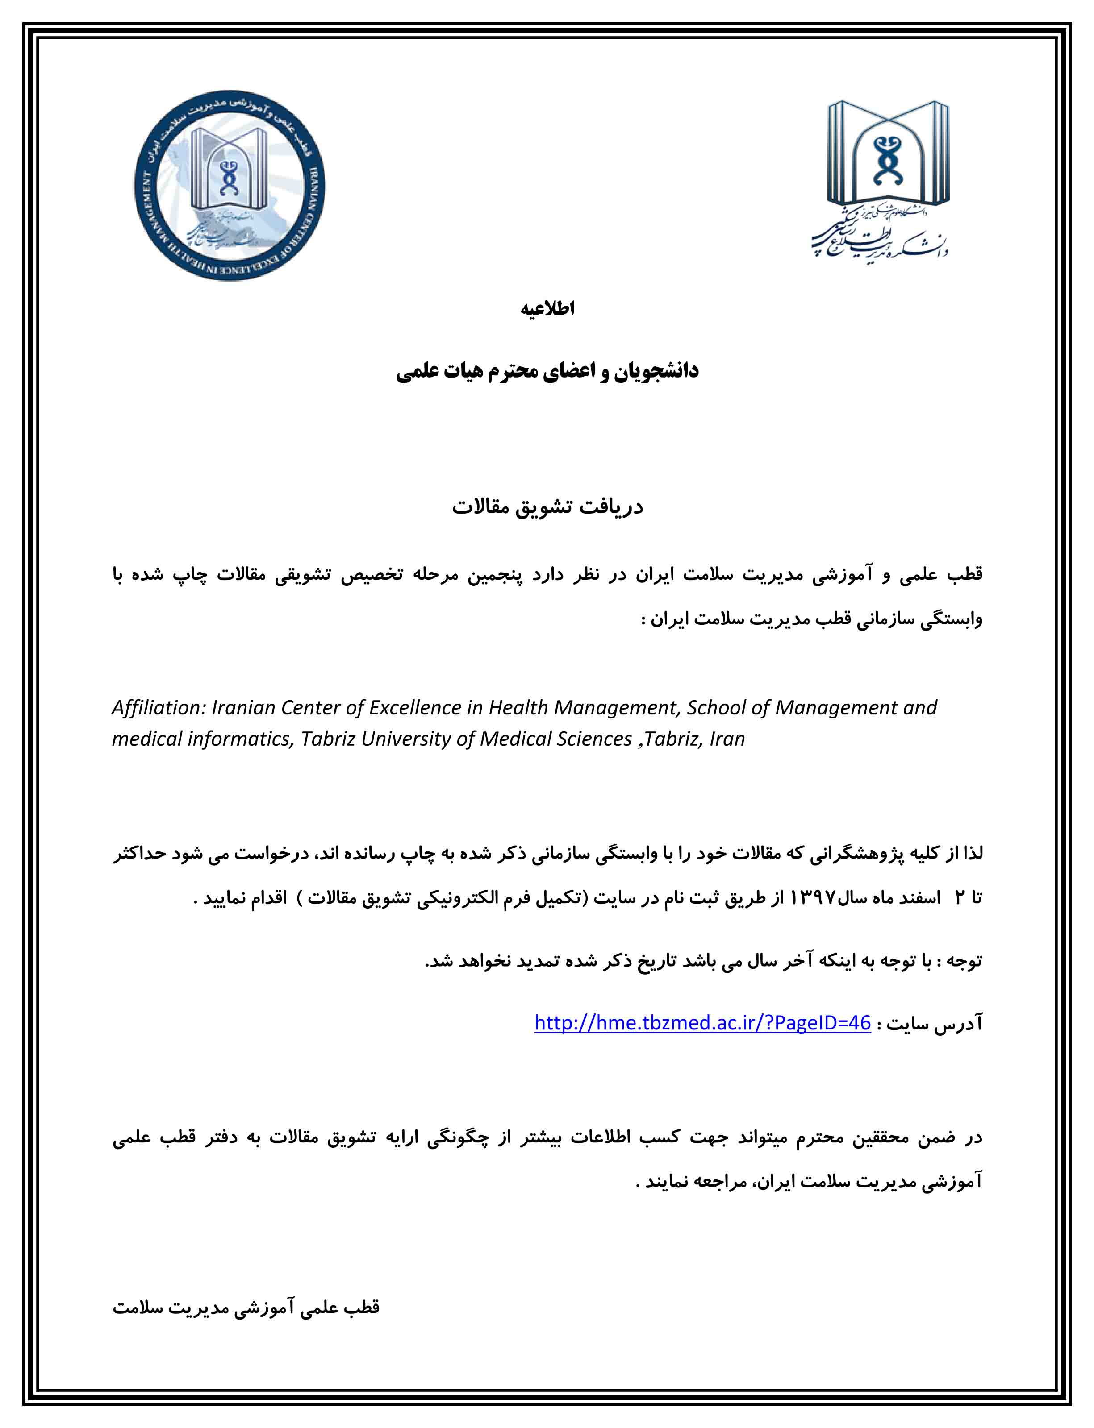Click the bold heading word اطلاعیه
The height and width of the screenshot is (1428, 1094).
(x=547, y=309)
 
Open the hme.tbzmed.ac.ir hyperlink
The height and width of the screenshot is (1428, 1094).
(x=702, y=1022)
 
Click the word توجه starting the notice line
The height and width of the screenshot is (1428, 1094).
(x=964, y=961)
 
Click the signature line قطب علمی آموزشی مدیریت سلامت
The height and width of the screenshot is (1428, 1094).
(x=246, y=1308)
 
